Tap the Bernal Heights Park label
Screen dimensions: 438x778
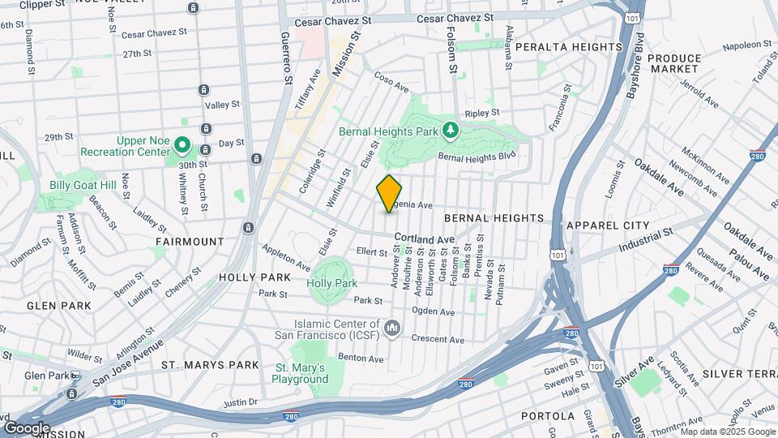pos(398,130)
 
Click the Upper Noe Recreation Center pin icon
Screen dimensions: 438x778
pos(183,147)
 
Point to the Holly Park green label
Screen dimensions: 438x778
pos(332,284)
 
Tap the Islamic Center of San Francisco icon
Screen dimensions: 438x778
pos(393,327)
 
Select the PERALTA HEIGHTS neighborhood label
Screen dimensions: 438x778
pos(568,47)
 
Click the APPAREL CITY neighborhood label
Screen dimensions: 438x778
pos(609,225)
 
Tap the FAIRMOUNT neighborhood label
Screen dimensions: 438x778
pos(190,242)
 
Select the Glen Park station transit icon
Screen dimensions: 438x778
pos(75,376)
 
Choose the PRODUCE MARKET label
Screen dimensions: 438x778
pos(674,64)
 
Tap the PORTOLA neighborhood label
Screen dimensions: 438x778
pos(547,416)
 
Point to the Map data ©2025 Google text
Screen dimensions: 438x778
pos(728,432)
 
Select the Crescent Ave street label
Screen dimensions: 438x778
pos(437,339)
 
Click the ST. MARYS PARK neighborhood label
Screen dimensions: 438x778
pos(211,366)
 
